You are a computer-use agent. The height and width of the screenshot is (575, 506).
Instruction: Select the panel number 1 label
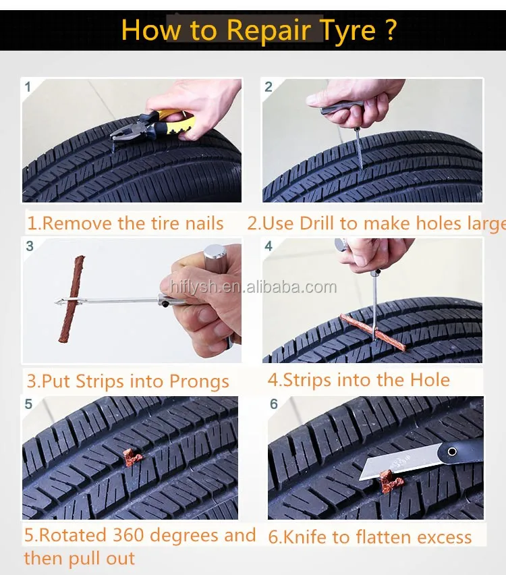point(28,87)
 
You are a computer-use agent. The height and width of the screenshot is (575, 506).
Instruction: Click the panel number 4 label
point(269,246)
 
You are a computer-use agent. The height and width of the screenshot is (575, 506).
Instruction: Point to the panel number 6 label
point(274,404)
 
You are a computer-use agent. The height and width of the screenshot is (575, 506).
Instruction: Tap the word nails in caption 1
point(204,223)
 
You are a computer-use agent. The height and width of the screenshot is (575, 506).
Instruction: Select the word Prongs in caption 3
point(199,383)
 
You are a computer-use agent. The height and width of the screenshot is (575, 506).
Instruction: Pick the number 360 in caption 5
point(128,535)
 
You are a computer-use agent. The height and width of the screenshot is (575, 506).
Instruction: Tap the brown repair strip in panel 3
point(72,299)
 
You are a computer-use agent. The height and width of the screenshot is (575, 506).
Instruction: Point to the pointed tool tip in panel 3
point(55,302)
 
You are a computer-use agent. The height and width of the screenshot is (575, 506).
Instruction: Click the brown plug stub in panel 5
point(132,457)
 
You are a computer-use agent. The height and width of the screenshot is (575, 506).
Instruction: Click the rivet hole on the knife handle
point(453,451)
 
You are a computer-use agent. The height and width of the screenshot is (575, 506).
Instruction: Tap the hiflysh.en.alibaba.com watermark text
point(254,287)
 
